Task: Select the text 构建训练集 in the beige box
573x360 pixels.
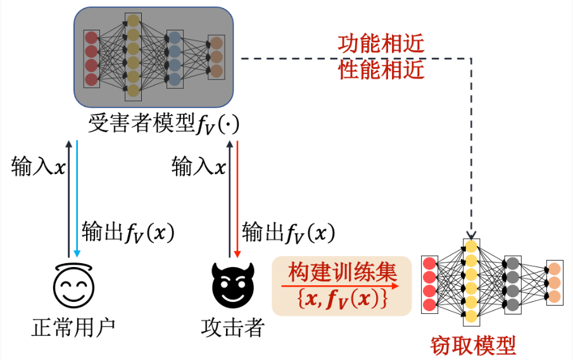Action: [343, 273]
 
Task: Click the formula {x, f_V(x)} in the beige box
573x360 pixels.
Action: [343, 298]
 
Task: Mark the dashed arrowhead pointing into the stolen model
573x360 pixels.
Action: [471, 233]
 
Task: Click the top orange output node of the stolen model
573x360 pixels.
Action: [554, 268]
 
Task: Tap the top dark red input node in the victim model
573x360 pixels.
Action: [92, 37]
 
